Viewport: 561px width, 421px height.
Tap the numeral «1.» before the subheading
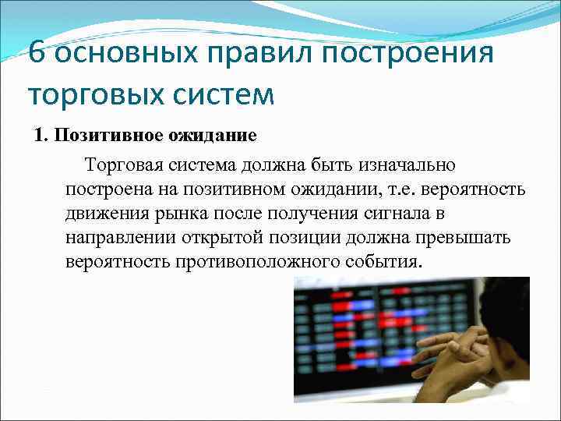41,136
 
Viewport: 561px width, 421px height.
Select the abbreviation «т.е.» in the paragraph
379,189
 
